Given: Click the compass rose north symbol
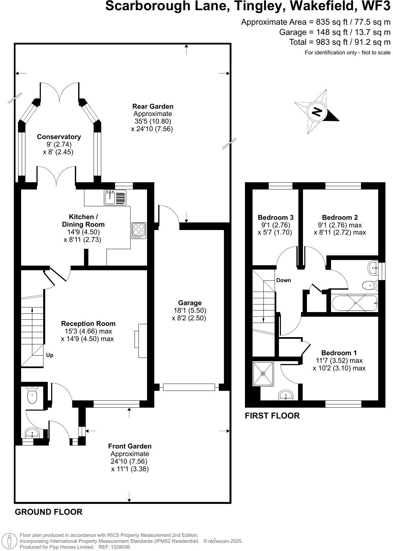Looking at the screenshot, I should (x=317, y=112).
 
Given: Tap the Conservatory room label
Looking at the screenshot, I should (x=59, y=137).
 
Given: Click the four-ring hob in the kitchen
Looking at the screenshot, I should (x=139, y=230).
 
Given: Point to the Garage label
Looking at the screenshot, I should (x=190, y=303).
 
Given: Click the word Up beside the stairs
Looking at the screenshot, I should (x=50, y=355).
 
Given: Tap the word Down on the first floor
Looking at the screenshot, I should (x=284, y=280).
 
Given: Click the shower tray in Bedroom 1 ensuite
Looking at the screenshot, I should (x=263, y=374).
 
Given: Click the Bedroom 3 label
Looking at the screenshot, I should (x=276, y=217).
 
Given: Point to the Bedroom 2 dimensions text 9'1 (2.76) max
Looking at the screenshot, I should (x=340, y=225).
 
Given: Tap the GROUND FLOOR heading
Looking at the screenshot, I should (x=48, y=512).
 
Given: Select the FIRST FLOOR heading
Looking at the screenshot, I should (x=272, y=416).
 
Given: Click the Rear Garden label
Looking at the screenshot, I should (x=153, y=106).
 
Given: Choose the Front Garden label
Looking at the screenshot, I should (x=130, y=446).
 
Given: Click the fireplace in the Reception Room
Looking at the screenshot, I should (x=141, y=340).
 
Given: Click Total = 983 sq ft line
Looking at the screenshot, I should (x=340, y=42).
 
